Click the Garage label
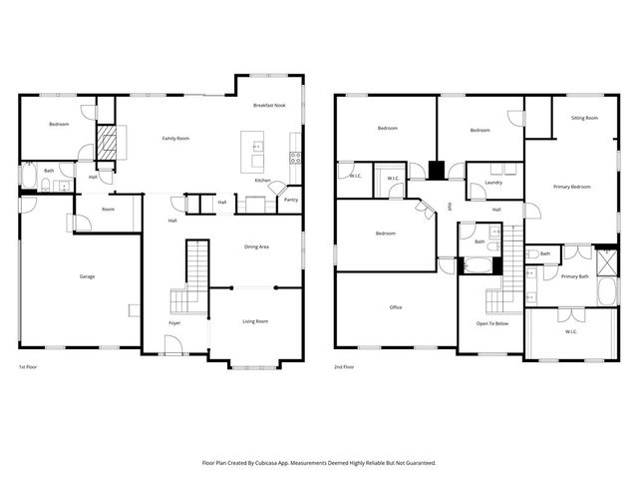click(x=88, y=276)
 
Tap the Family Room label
click(x=176, y=138)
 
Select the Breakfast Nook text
click(x=269, y=106)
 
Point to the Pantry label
click(x=291, y=200)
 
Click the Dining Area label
click(x=257, y=246)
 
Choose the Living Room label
click(x=255, y=321)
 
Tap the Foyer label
click(x=174, y=322)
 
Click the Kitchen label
click(x=262, y=181)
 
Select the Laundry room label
click(x=492, y=183)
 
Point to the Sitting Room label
click(x=584, y=119)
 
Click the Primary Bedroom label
click(x=572, y=187)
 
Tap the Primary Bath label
click(x=574, y=276)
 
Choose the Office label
click(x=396, y=307)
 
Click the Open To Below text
click(x=492, y=324)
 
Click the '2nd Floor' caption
click(x=344, y=366)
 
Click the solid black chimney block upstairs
click(x=436, y=169)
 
